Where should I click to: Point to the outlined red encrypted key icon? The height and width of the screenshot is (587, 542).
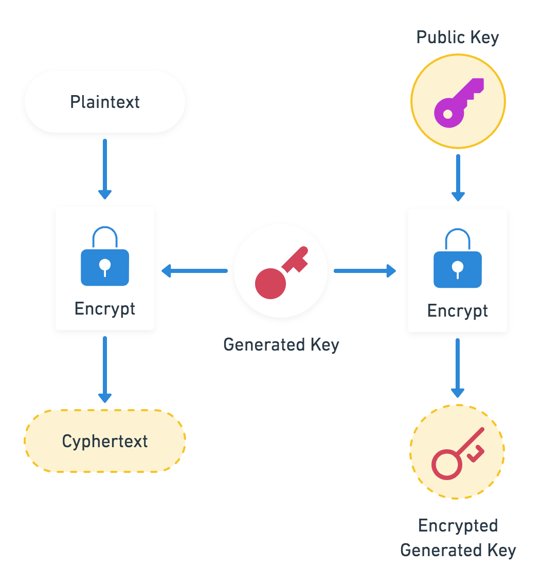coord(457,452)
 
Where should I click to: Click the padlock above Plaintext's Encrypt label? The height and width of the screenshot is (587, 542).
coord(105,256)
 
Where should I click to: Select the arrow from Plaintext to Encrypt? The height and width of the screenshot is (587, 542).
coord(105,169)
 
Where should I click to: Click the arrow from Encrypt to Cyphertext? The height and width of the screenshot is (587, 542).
coord(105,370)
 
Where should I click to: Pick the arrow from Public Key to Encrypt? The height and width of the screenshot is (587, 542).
coord(458,178)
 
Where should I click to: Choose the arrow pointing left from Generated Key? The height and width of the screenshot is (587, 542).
coord(194,271)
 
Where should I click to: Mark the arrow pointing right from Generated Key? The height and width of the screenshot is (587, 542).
coord(365,271)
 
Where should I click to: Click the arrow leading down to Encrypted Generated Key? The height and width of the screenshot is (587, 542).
coord(458,368)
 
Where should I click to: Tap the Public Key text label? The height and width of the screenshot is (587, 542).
coord(457,38)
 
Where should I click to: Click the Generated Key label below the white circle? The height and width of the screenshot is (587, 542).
coord(281,344)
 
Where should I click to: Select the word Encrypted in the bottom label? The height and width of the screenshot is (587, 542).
coord(458,526)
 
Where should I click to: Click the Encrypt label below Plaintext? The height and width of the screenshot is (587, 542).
coord(105,309)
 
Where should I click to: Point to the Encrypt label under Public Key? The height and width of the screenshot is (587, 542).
coord(457,311)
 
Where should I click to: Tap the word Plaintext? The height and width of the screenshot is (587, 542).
coord(105,102)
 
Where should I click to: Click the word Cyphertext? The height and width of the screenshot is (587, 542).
coord(105,441)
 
